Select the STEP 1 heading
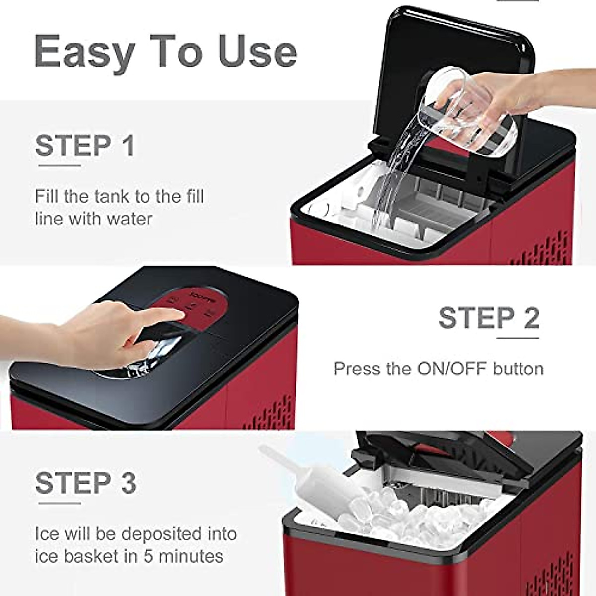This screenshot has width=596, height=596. [x=85, y=146]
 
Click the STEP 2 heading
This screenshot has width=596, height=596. [x=489, y=318]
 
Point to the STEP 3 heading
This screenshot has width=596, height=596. [x=85, y=483]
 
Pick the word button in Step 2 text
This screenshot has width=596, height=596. [x=518, y=369]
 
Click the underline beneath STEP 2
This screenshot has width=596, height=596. [x=518, y=338]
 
